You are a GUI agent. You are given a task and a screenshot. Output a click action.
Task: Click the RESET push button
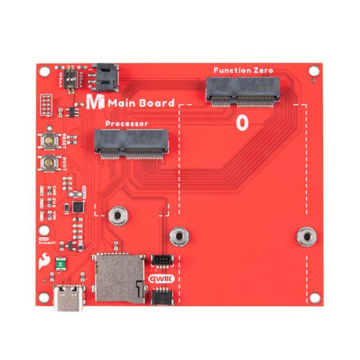(x=49, y=141)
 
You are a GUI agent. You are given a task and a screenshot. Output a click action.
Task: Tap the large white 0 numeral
(x=242, y=123)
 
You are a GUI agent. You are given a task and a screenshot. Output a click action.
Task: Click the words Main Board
(x=141, y=103)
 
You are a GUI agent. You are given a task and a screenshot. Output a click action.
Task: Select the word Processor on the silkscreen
(x=127, y=123)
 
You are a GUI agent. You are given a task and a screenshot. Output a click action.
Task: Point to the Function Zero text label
(x=243, y=70)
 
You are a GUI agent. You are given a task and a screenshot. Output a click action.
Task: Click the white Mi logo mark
(x=96, y=102)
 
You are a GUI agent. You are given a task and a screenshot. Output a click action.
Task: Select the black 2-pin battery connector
(x=105, y=78)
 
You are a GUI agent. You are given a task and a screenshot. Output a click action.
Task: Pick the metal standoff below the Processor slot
(x=118, y=214)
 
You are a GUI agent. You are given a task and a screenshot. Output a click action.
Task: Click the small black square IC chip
(x=78, y=206)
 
